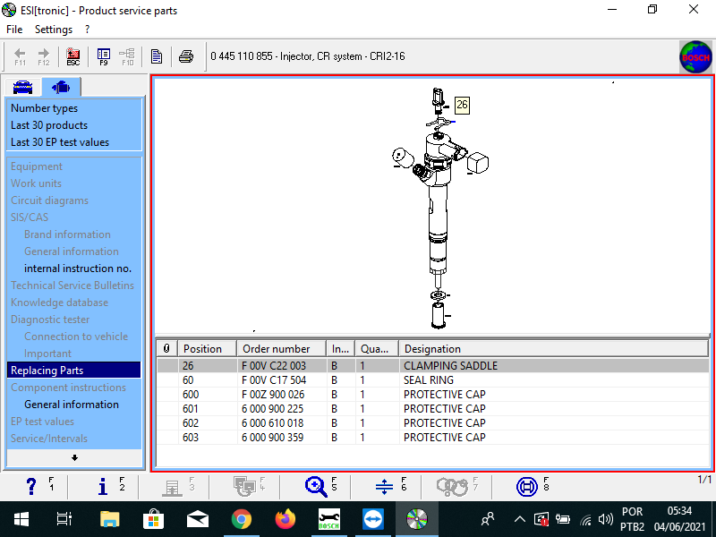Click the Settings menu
tap(54, 30)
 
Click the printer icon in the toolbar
tap(185, 56)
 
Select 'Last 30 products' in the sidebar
tap(49, 125)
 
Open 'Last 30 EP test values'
tap(60, 142)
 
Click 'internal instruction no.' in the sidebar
tap(78, 268)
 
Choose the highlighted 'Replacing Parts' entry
tap(47, 371)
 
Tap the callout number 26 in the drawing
tap(462, 105)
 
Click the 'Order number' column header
tap(277, 349)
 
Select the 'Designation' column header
tap(432, 349)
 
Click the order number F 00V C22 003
tap(274, 366)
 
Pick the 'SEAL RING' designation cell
tap(429, 380)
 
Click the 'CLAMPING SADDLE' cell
tap(450, 366)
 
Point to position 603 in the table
tap(191, 438)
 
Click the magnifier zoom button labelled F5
tap(316, 486)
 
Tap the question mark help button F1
tap(31, 486)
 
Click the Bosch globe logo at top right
tap(695, 56)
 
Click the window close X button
tap(694, 10)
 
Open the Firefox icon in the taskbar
tap(286, 519)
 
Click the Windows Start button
tap(21, 519)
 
